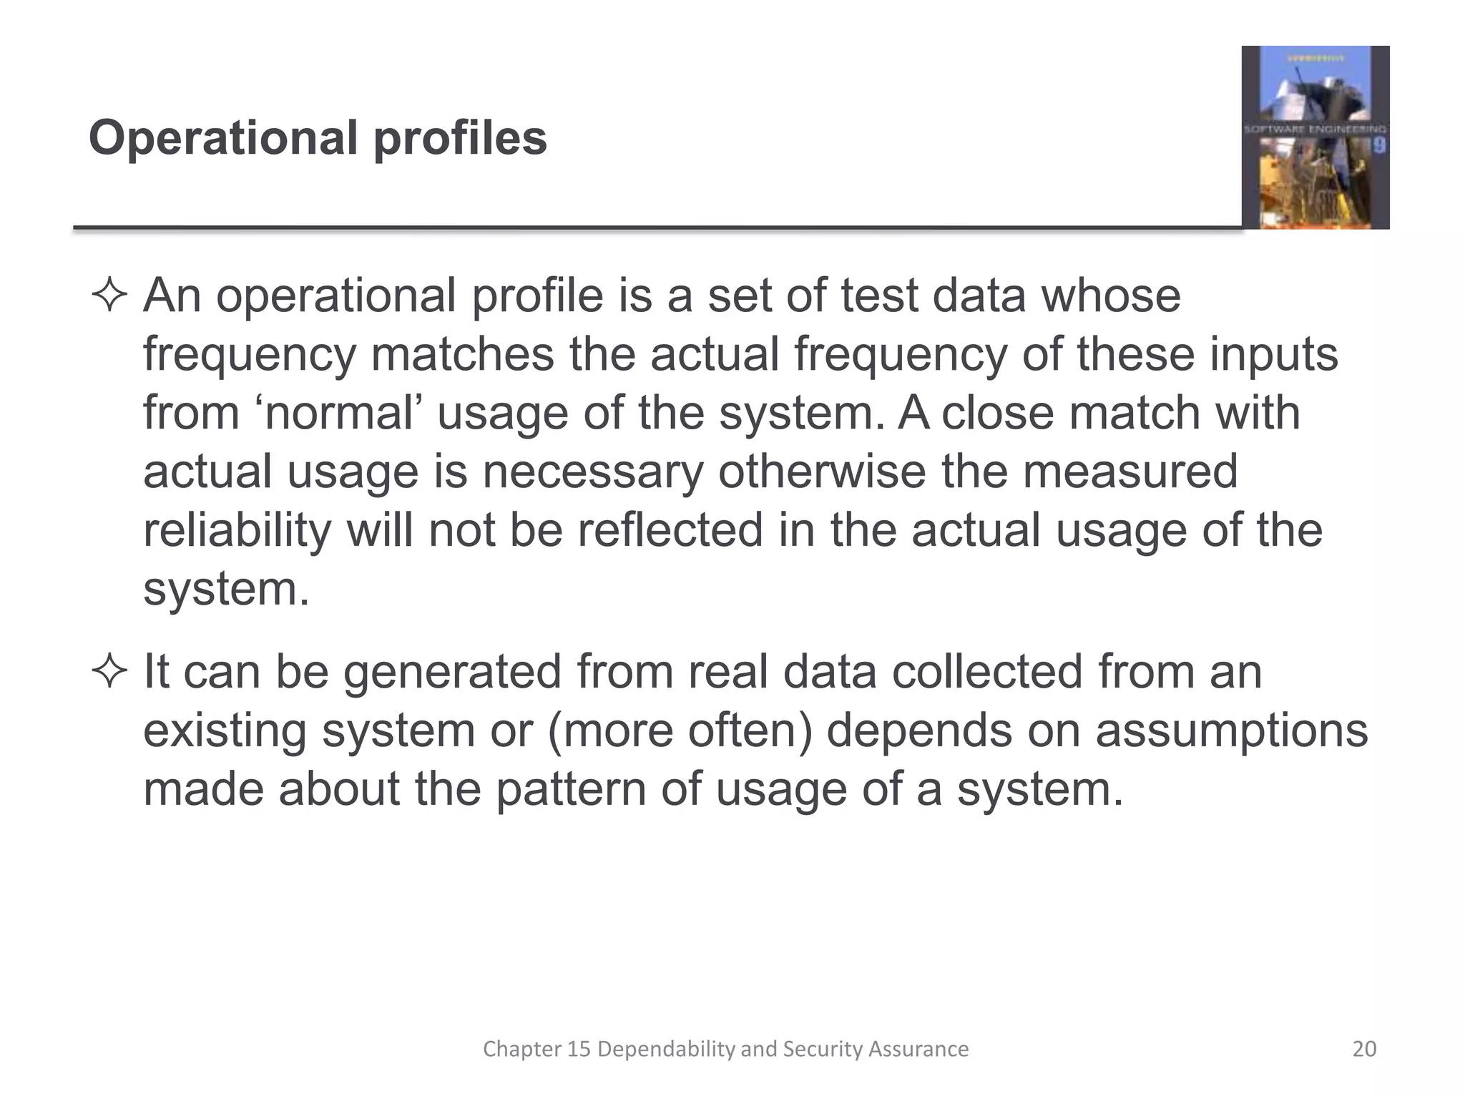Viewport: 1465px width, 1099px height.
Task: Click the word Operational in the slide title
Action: pos(222,137)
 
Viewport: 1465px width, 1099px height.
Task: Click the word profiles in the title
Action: pos(460,137)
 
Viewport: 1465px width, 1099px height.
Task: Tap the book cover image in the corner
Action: pos(1315,137)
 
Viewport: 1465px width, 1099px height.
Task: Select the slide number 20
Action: pos(1364,1049)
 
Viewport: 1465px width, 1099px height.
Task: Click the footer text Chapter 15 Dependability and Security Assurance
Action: pos(725,1049)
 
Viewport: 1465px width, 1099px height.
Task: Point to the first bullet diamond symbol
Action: pos(109,296)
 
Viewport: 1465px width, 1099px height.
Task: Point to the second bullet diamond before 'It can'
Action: pos(109,673)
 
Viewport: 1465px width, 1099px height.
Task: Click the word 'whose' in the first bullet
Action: pos(1110,296)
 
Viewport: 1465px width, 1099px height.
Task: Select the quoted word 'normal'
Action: pos(340,414)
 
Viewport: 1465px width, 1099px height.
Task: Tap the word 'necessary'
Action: pos(593,472)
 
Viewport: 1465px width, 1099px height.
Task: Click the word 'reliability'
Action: pos(237,531)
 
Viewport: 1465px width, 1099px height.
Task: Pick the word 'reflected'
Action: pos(670,531)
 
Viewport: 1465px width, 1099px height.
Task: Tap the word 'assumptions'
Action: pos(1231,731)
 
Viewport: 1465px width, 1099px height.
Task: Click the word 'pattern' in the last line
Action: pos(571,790)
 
